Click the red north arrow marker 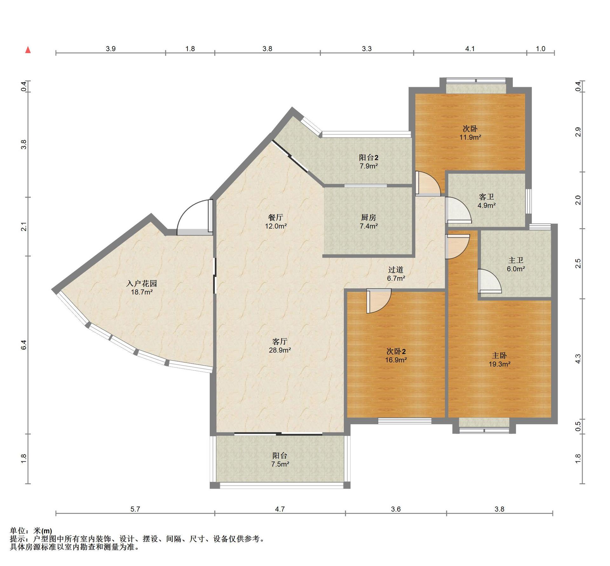pyautogui.click(x=28, y=50)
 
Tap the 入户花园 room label pyautogui.click(x=142, y=283)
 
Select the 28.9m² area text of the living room pyautogui.click(x=280, y=350)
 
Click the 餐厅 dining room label pyautogui.click(x=276, y=217)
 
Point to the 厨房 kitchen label pyautogui.click(x=369, y=217)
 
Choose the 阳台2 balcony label pyautogui.click(x=369, y=157)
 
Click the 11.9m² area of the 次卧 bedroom pyautogui.click(x=470, y=137)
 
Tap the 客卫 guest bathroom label pyautogui.click(x=486, y=197)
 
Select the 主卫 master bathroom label pyautogui.click(x=516, y=260)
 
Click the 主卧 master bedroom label pyautogui.click(x=499, y=356)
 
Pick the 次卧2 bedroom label pyautogui.click(x=396, y=351)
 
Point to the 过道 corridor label pyautogui.click(x=396, y=270)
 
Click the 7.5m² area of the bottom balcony pyautogui.click(x=280, y=464)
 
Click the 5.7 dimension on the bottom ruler pyautogui.click(x=135, y=509)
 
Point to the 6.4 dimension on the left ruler pyautogui.click(x=24, y=345)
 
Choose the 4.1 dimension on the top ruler pyautogui.click(x=470, y=49)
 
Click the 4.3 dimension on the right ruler pyautogui.click(x=578, y=359)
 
